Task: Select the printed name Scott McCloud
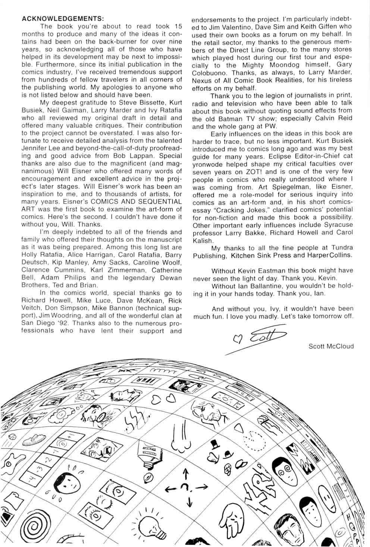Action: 331,346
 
